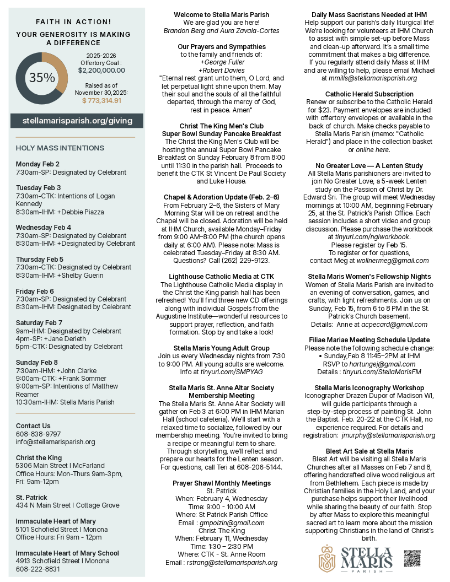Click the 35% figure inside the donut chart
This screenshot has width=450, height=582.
tap(42, 78)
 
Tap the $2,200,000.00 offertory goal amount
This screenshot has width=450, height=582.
tap(101, 71)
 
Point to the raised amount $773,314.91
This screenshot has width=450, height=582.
tap(101, 100)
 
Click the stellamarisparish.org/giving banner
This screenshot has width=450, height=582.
tap(77, 120)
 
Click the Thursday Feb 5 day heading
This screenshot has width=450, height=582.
tap(40, 259)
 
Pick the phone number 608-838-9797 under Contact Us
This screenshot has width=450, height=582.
tap(38, 434)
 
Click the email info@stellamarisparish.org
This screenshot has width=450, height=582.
tap(55, 441)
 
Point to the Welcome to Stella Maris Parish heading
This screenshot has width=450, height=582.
tap(222, 14)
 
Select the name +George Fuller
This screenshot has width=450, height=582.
tap(222, 62)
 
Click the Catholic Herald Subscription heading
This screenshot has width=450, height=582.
tap(369, 94)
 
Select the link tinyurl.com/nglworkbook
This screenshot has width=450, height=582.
tap(369, 237)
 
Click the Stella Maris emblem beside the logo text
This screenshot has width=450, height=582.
tap(328, 558)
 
